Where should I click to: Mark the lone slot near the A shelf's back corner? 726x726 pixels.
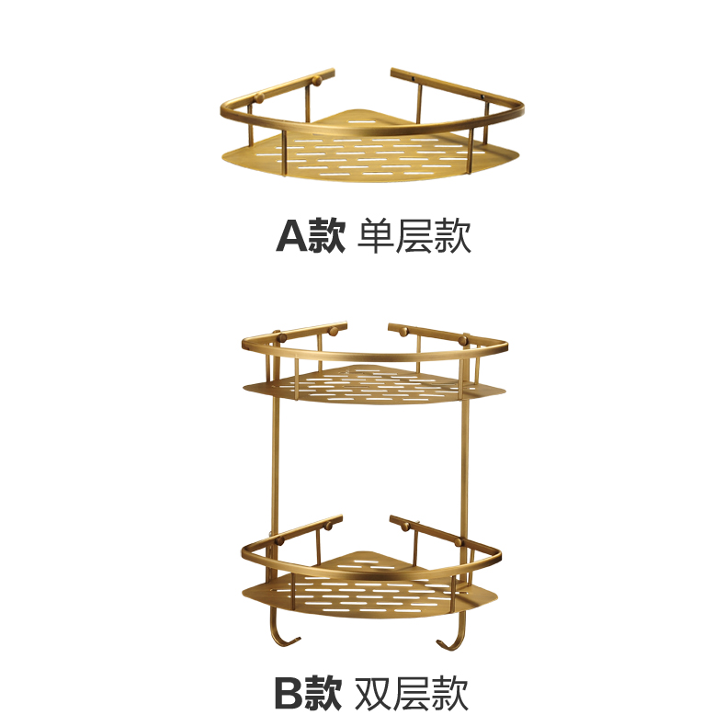[362, 122]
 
